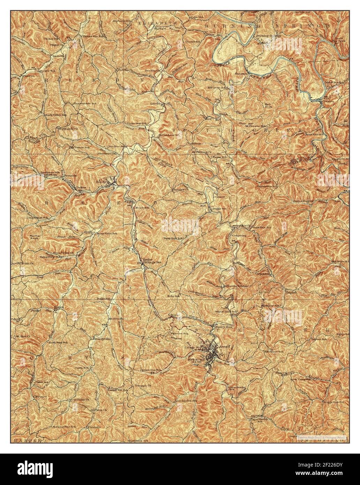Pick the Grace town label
click(x=220, y=197)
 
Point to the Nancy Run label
click(x=224, y=327)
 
